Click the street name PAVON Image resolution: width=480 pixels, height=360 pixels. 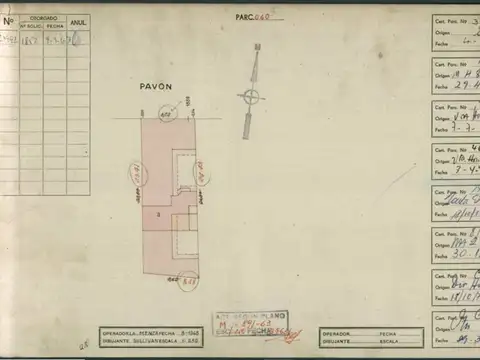(156, 87)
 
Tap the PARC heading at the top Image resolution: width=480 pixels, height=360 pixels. (245, 17)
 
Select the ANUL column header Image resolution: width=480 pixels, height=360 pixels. (78, 22)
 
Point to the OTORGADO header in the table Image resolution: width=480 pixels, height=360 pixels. (43, 18)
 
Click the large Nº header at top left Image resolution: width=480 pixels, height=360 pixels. (8, 20)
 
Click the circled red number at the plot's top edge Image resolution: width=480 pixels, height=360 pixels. (166, 116)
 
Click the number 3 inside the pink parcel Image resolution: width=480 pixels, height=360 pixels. (158, 214)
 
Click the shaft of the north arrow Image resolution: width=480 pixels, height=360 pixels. (248, 125)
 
